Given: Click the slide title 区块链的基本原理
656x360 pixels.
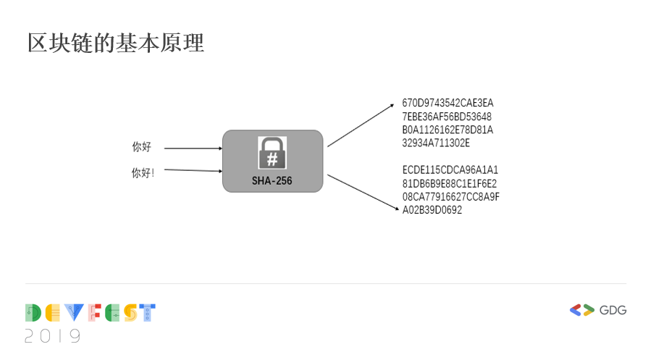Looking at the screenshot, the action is point(116,43).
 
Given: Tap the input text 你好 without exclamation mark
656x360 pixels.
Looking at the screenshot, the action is point(141,147).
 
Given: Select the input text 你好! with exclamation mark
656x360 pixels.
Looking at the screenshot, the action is point(143,173).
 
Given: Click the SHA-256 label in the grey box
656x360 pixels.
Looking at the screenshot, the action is point(272,181).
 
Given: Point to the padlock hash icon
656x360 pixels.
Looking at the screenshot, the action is point(272,153).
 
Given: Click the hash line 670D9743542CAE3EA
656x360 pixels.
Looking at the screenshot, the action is point(447,103).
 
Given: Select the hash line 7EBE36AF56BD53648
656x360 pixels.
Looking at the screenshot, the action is point(447,117).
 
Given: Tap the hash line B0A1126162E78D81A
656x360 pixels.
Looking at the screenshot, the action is point(447,130).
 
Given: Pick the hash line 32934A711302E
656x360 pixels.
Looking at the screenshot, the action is point(436,143).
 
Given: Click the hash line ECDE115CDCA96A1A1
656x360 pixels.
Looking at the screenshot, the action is point(450,170).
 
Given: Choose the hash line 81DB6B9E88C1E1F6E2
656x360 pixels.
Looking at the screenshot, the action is point(450,183).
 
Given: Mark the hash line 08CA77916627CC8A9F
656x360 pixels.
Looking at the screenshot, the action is point(451,197).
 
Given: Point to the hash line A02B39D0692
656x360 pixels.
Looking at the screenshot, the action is point(432,210).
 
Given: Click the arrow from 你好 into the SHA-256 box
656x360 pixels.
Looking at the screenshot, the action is point(193,148).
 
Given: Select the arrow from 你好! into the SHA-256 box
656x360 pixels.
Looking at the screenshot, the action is point(193,170).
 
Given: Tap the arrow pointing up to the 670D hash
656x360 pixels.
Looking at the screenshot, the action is point(361,125).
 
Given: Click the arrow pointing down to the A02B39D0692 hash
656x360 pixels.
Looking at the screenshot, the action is point(363,193).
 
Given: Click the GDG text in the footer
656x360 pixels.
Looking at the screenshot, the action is point(613,310).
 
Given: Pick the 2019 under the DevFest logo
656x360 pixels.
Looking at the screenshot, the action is point(53,335).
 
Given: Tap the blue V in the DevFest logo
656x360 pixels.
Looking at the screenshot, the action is point(74,313).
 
